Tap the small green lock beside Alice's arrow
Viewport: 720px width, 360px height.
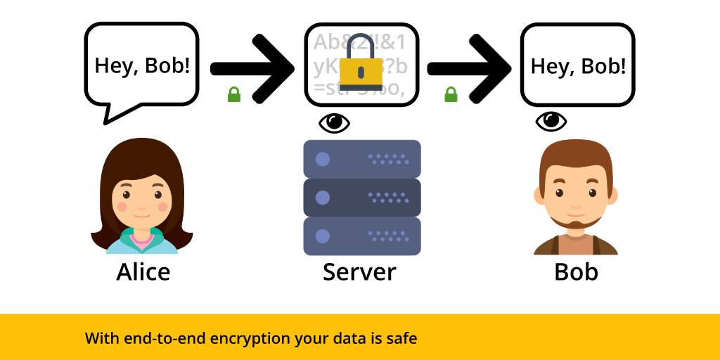click(x=234, y=94)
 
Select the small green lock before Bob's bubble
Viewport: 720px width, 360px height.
click(x=451, y=94)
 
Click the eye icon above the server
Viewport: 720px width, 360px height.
click(x=334, y=122)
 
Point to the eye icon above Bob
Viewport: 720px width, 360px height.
click(x=551, y=122)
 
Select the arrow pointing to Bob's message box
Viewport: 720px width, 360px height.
click(x=469, y=68)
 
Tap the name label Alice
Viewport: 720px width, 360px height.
click(x=143, y=271)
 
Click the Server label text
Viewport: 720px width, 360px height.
click(x=359, y=271)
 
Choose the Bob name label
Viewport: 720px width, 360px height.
click(x=576, y=271)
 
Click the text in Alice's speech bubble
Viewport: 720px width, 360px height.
click(x=142, y=66)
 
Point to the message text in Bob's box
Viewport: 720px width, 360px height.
click(x=578, y=67)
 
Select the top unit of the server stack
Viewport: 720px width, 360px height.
click(x=361, y=158)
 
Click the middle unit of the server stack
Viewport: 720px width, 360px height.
click(x=361, y=197)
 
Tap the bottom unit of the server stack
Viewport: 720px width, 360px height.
click(x=361, y=236)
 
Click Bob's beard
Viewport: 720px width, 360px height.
click(x=576, y=223)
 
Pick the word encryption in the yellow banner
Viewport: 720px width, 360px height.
click(x=245, y=338)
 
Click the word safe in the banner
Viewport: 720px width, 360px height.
click(x=400, y=338)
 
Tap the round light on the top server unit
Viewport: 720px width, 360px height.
click(x=323, y=159)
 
